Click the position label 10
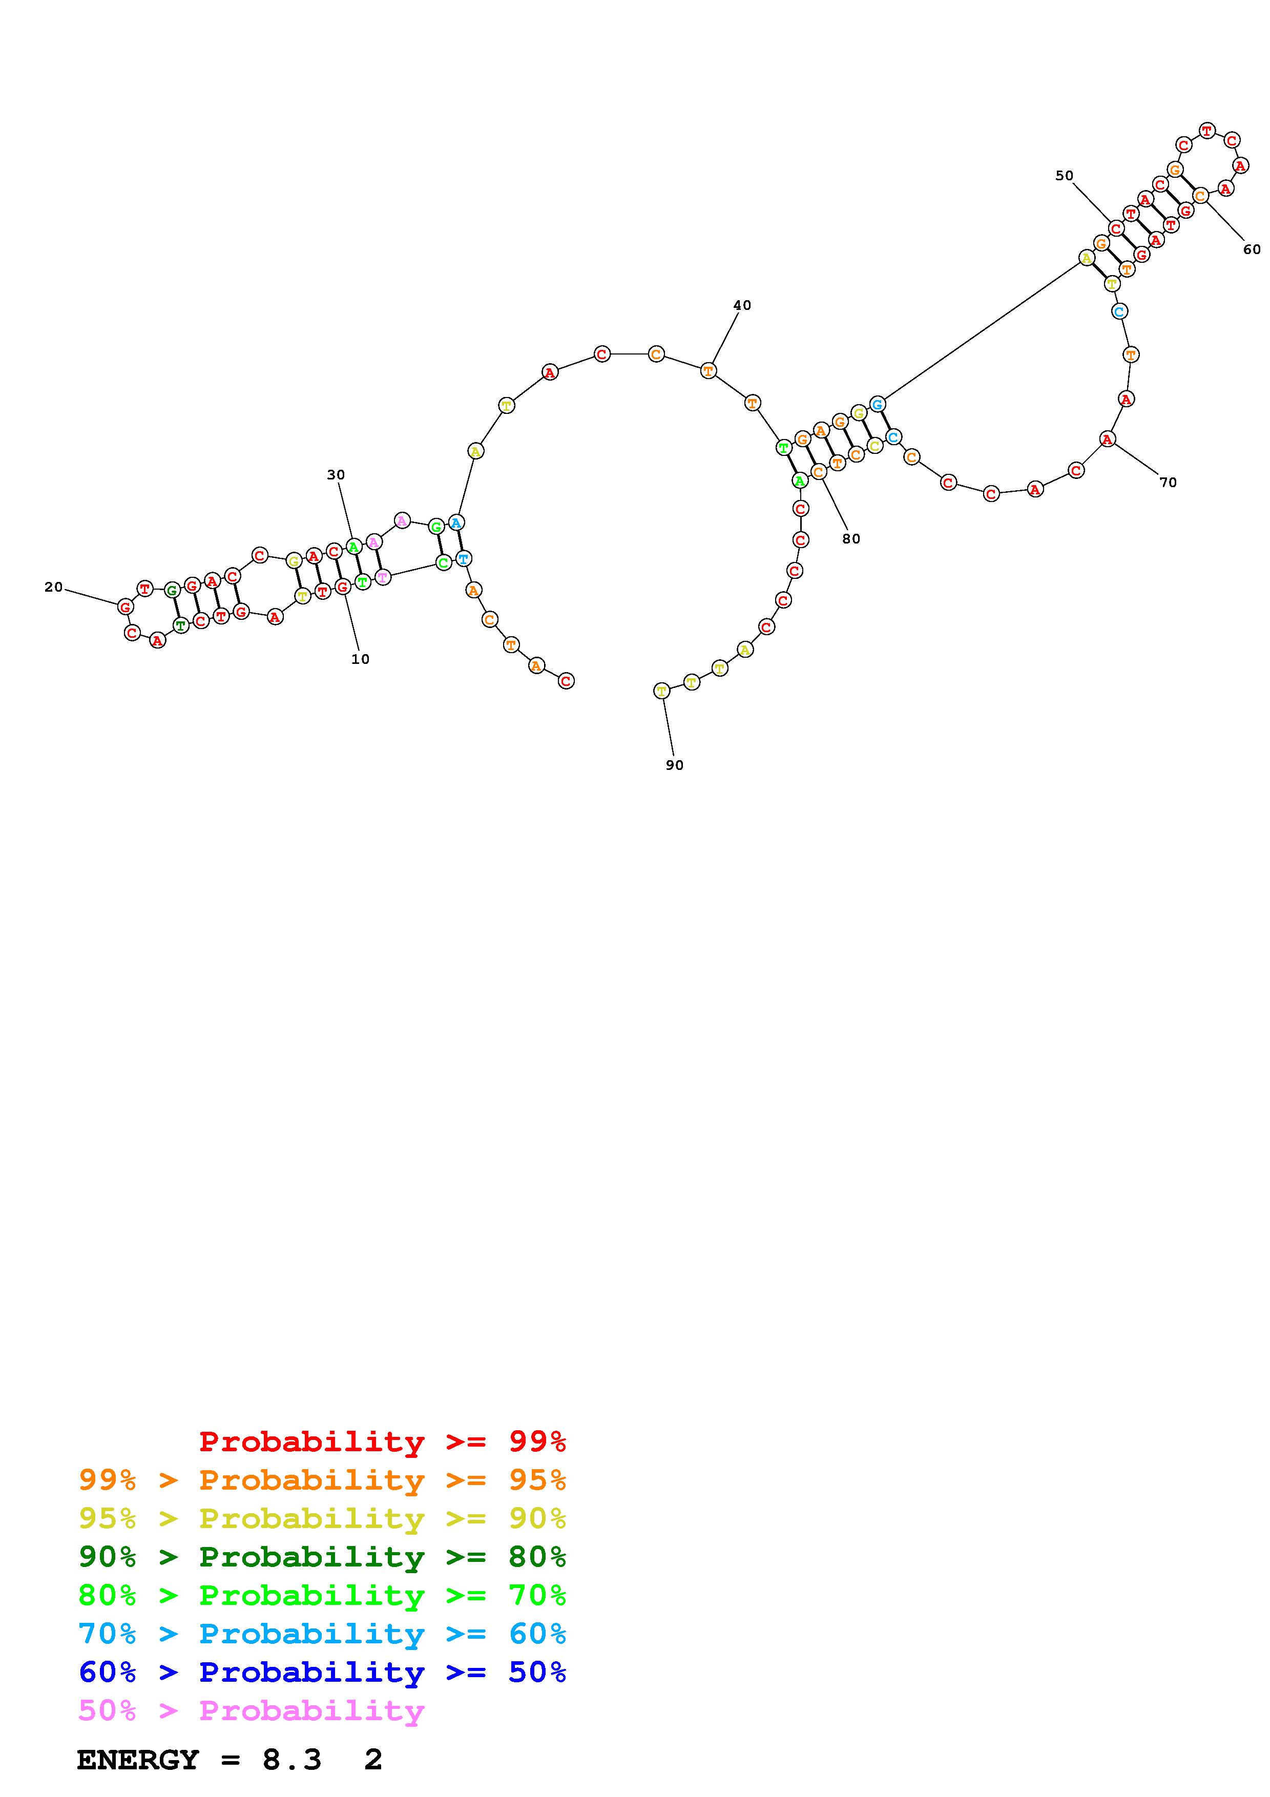click(x=360, y=659)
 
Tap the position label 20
click(x=53, y=587)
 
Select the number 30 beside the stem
click(x=336, y=474)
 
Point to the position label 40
click(x=742, y=305)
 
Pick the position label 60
click(x=1252, y=249)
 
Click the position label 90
click(x=675, y=765)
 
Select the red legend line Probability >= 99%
click(x=383, y=1441)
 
